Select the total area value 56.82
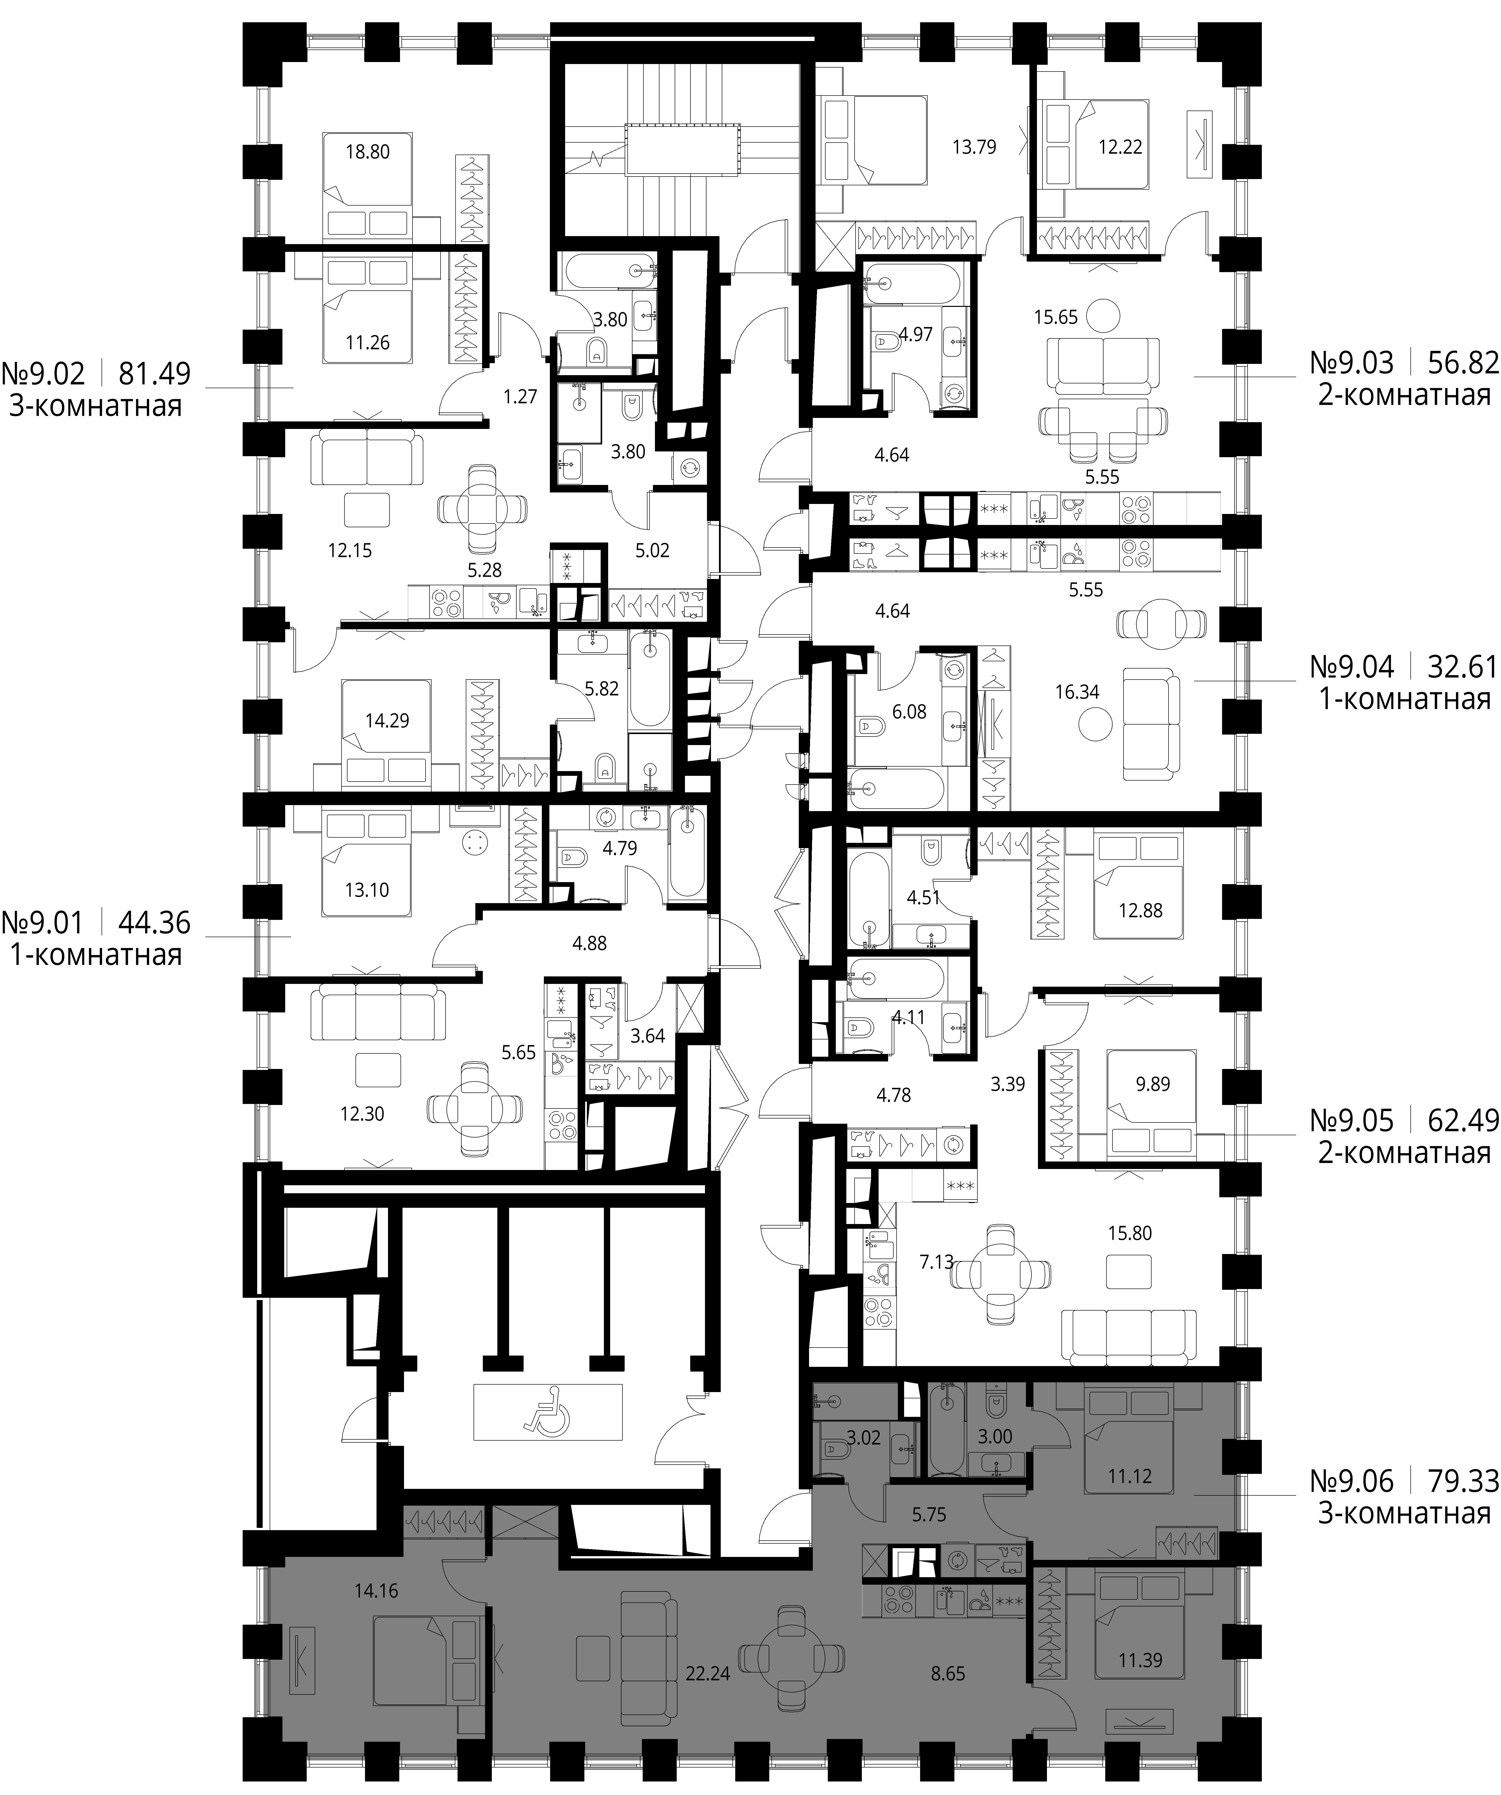click(1463, 363)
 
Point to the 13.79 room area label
click(974, 146)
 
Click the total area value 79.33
click(1463, 1480)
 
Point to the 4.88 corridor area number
click(590, 943)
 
